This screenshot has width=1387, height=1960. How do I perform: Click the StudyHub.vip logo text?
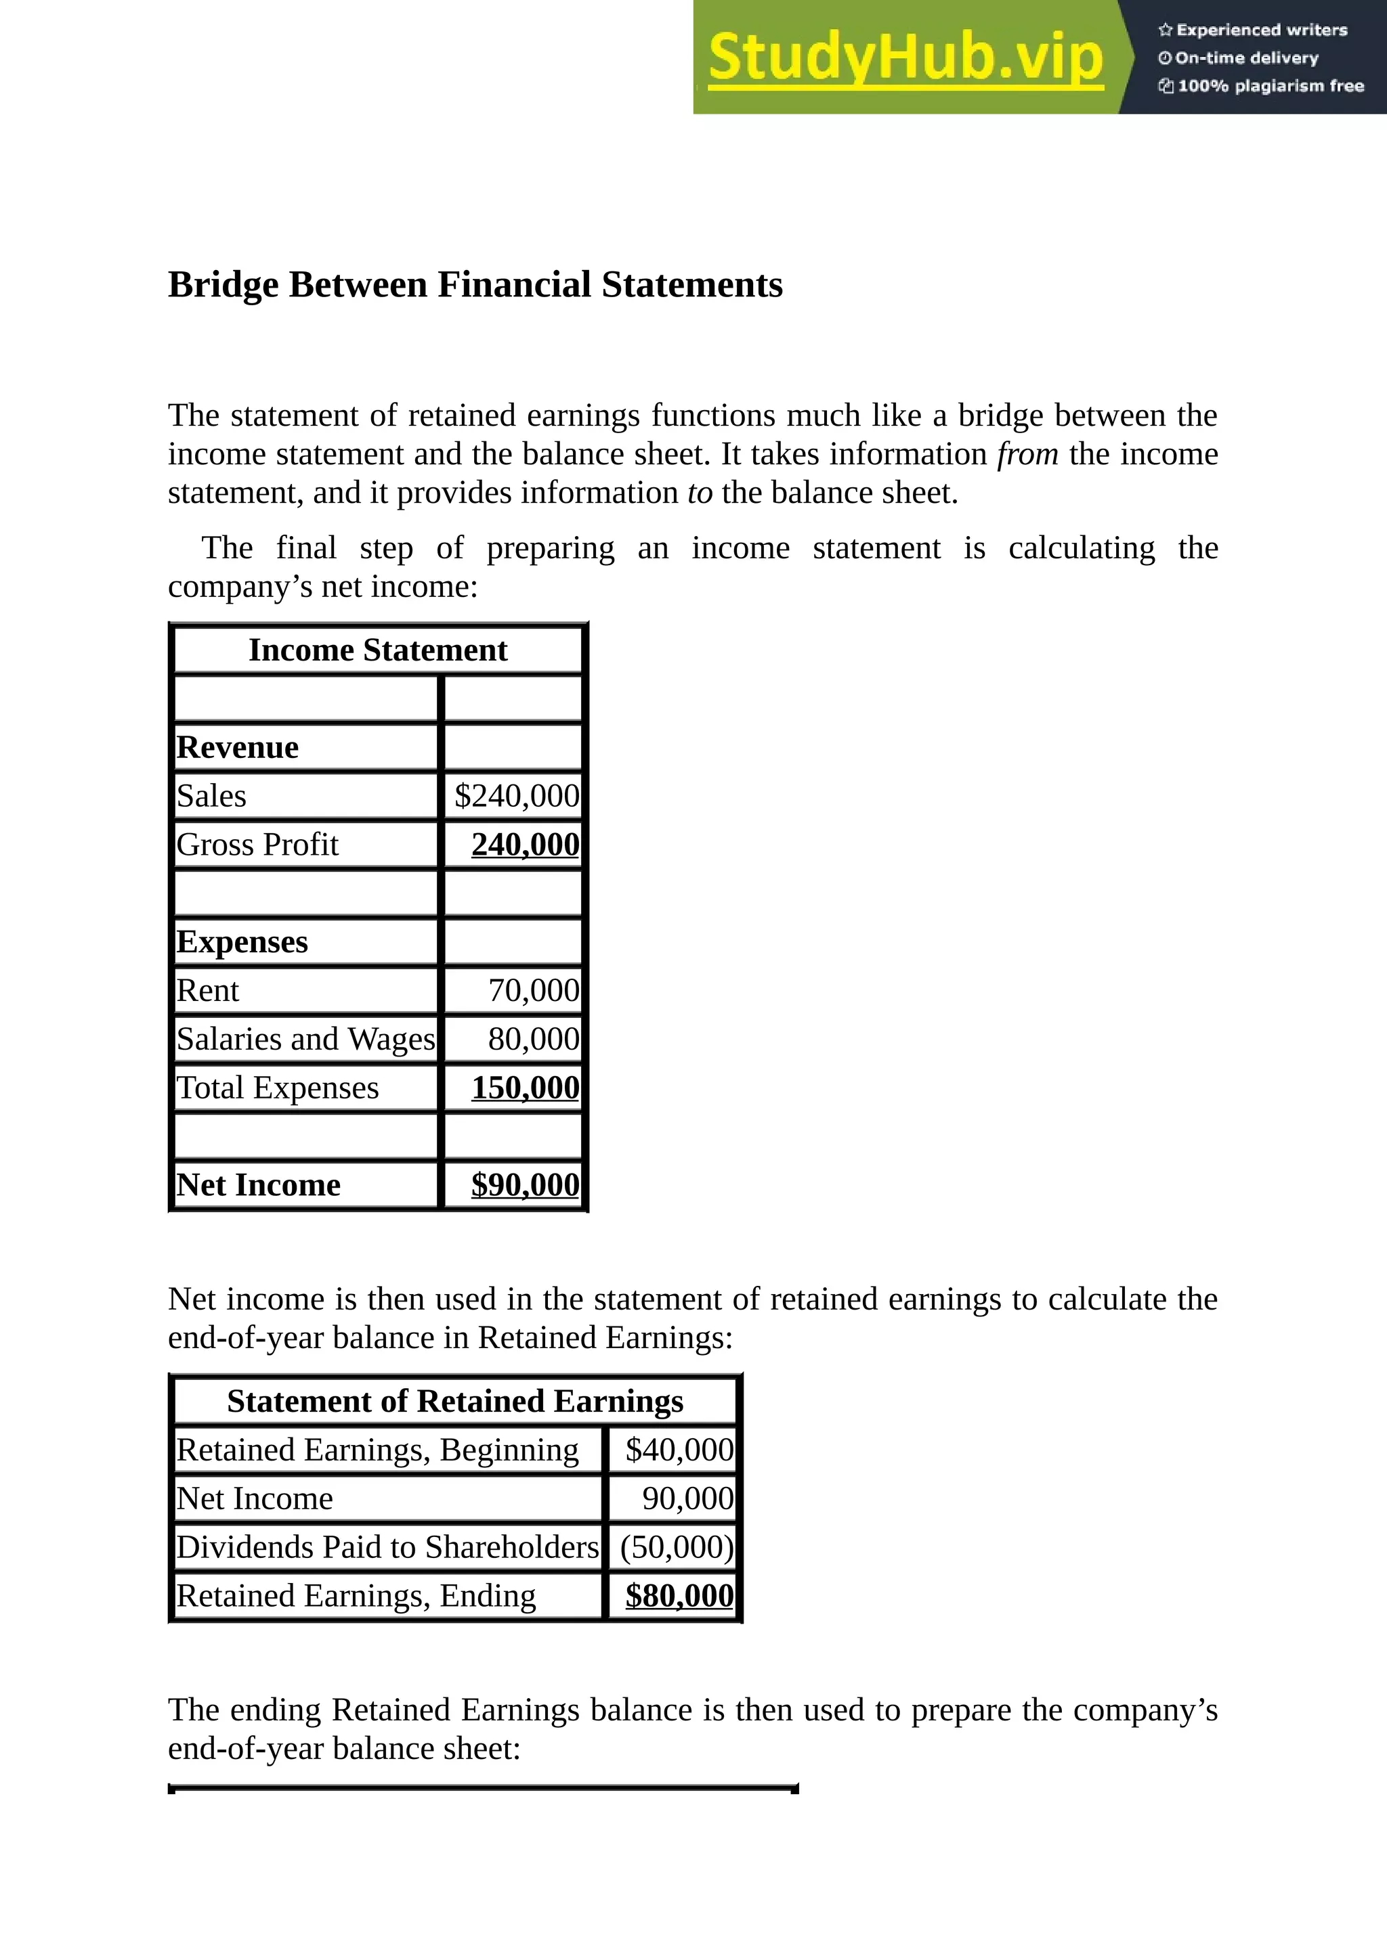[x=905, y=58]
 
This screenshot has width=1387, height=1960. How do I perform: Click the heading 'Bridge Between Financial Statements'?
[x=475, y=285]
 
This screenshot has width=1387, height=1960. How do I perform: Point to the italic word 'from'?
[x=1027, y=454]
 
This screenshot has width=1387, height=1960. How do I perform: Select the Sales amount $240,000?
[x=517, y=796]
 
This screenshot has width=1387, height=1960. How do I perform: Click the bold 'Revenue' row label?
[x=238, y=747]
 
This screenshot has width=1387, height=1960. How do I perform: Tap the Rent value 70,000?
[x=533, y=990]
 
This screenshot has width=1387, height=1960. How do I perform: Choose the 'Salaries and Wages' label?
[x=305, y=1039]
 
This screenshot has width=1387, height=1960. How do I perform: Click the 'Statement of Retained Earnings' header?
[x=455, y=1402]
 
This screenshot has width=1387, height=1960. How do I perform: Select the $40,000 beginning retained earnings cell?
[x=679, y=1450]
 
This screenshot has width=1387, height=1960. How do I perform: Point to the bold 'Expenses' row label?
[x=242, y=941]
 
